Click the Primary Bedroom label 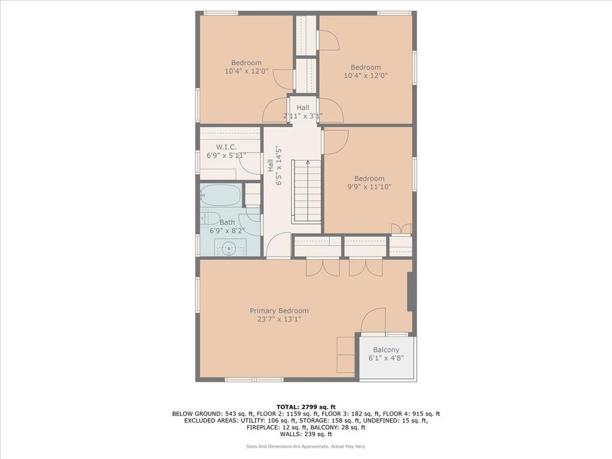(x=279, y=311)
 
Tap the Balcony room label (x=386, y=349)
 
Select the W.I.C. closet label (x=226, y=147)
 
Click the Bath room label (x=227, y=222)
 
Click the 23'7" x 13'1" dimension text (x=279, y=319)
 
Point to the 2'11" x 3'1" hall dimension (x=303, y=116)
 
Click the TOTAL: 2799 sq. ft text (x=305, y=406)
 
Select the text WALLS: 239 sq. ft (x=305, y=434)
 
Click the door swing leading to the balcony (x=375, y=320)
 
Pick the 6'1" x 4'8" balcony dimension (x=386, y=359)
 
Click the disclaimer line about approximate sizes (x=305, y=446)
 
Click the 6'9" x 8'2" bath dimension (x=227, y=231)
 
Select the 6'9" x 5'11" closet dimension (x=226, y=155)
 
